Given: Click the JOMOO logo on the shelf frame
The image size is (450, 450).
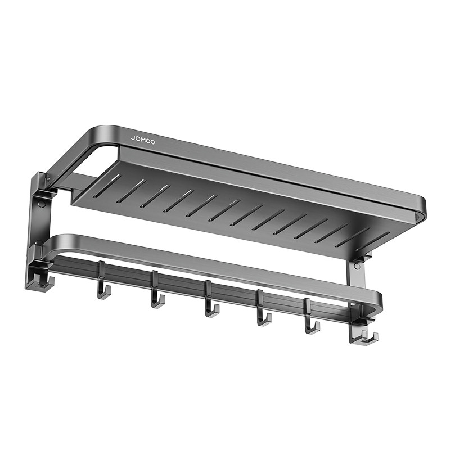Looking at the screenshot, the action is tap(143, 140).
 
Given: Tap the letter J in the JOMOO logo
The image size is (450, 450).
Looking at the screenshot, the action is tap(133, 138).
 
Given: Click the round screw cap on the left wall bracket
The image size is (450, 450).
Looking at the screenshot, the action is tap(42, 205).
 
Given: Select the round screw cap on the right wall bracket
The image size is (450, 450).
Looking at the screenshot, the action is tap(357, 265).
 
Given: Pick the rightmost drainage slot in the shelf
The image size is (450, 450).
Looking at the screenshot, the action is tap(373, 241).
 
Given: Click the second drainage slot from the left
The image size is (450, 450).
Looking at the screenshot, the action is tap(132, 191).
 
